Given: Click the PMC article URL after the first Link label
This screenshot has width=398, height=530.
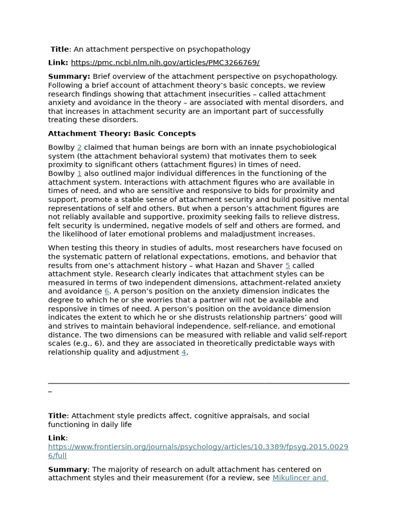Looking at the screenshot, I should (165, 63).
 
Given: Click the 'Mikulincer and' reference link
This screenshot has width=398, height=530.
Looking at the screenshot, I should (300, 478).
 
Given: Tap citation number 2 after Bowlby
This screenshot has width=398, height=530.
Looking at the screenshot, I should (79, 148).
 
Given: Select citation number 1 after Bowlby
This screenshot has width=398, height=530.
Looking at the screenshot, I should (79, 173).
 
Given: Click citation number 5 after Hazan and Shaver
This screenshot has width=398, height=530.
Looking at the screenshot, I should (288, 266).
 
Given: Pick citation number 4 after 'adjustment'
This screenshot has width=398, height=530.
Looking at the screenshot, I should (183, 352).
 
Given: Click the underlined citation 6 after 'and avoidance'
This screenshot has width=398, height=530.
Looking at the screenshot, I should (107, 291).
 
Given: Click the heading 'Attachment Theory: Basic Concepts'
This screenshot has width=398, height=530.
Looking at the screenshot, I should (122, 134).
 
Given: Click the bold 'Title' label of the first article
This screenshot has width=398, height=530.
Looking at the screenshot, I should (60, 49).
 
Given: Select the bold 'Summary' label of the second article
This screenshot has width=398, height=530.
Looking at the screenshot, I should (67, 469).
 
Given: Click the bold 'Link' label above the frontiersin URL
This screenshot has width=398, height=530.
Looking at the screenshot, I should (57, 438).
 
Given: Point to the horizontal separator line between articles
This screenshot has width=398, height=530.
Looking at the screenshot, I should (198, 383).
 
